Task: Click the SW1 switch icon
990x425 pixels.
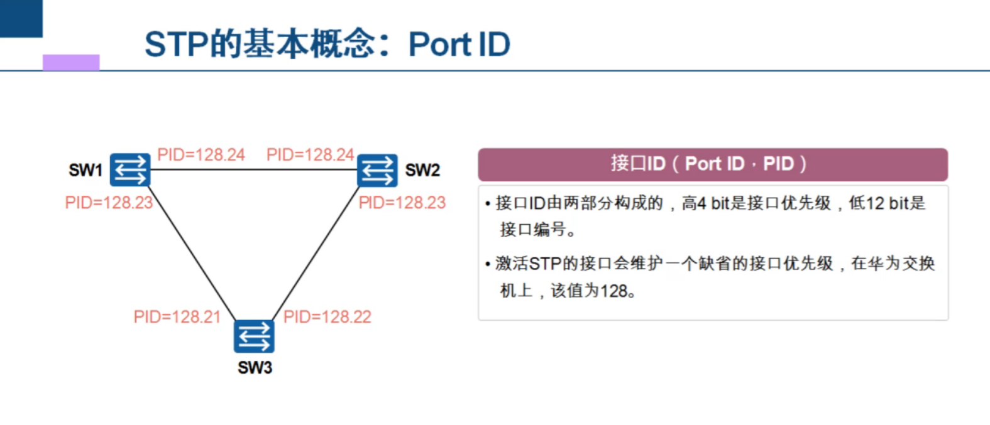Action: point(130,169)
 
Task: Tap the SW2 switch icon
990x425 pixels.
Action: point(377,170)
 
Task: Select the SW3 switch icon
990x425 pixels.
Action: point(254,336)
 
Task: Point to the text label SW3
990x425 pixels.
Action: point(255,368)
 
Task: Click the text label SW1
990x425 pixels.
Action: point(85,170)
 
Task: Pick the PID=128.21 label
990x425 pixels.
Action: point(177,317)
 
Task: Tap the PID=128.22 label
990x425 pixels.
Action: point(327,317)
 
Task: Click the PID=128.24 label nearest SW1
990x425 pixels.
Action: point(201,155)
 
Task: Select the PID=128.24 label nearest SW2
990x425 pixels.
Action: point(311,155)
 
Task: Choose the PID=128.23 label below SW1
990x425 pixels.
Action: point(109,203)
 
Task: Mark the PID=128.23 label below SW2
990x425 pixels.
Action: point(402,203)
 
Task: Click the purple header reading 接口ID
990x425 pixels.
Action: point(713,164)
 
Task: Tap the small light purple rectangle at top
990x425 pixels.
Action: point(71,62)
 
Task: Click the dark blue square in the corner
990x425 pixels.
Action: point(21,18)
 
